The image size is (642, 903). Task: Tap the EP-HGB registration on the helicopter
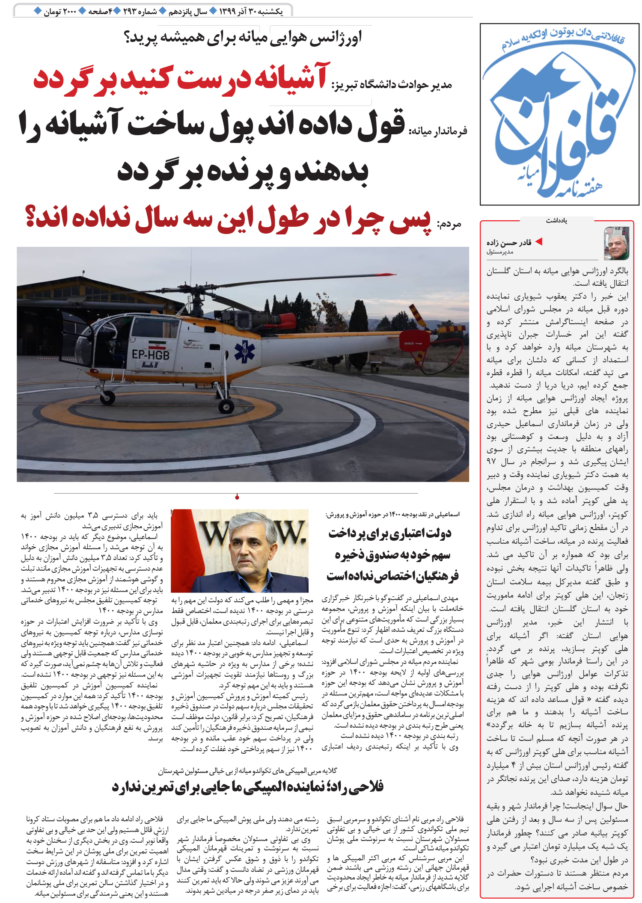(x=150, y=355)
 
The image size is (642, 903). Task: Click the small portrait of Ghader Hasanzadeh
(x=616, y=243)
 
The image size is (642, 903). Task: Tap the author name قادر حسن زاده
(x=509, y=243)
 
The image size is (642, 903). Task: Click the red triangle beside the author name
(x=539, y=242)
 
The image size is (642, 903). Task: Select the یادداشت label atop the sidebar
(x=556, y=221)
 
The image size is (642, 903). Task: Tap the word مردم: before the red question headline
(x=449, y=224)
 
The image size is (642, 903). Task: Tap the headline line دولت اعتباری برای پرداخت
(x=390, y=533)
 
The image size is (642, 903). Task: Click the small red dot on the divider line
(x=237, y=497)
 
